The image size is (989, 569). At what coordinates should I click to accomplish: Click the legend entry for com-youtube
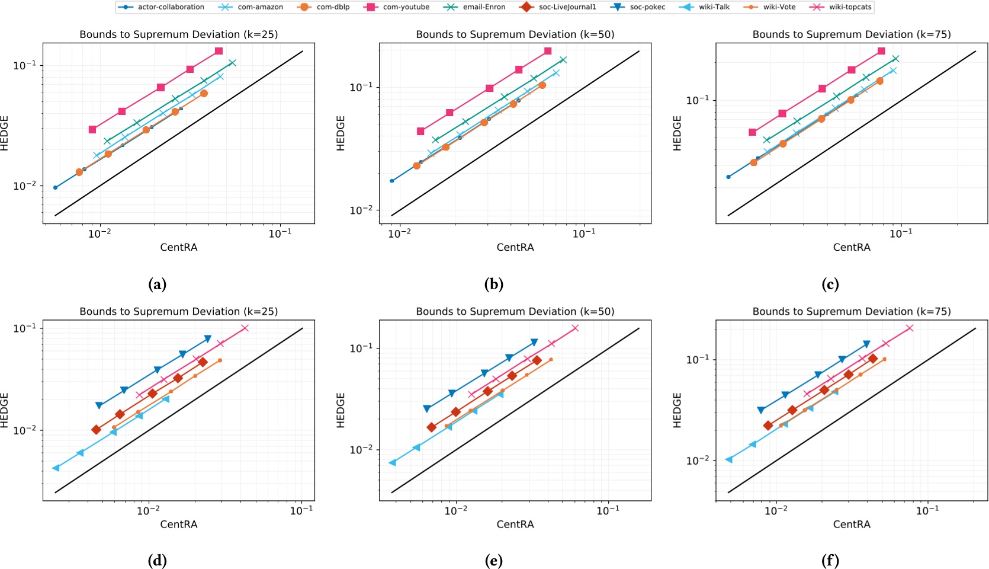pyautogui.click(x=406, y=7)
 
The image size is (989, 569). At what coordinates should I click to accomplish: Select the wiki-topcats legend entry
pyautogui.click(x=850, y=7)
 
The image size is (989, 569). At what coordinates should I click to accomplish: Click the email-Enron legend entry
pyautogui.click(x=483, y=7)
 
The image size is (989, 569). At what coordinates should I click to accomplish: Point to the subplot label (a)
pyautogui.click(x=157, y=284)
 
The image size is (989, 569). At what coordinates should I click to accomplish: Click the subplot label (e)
pyautogui.click(x=493, y=561)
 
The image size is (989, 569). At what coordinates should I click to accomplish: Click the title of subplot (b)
pyautogui.click(x=515, y=34)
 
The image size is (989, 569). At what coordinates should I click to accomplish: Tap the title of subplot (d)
pyautogui.click(x=178, y=311)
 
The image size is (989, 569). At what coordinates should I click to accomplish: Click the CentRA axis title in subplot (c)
pyautogui.click(x=851, y=247)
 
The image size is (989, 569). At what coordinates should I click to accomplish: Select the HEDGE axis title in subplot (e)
pyautogui.click(x=341, y=410)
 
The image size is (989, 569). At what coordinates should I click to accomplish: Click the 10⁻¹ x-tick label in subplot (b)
pyautogui.click(x=584, y=234)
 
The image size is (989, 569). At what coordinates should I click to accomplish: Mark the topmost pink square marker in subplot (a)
pyautogui.click(x=219, y=51)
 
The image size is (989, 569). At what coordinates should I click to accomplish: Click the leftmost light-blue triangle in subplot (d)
pyautogui.click(x=56, y=468)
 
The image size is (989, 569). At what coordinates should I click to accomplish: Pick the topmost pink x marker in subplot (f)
pyautogui.click(x=910, y=328)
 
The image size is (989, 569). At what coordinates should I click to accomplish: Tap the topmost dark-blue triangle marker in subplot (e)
pyautogui.click(x=534, y=342)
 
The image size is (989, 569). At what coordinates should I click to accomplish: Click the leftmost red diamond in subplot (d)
pyautogui.click(x=96, y=430)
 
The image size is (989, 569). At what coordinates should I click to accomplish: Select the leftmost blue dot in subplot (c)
pyautogui.click(x=728, y=177)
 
